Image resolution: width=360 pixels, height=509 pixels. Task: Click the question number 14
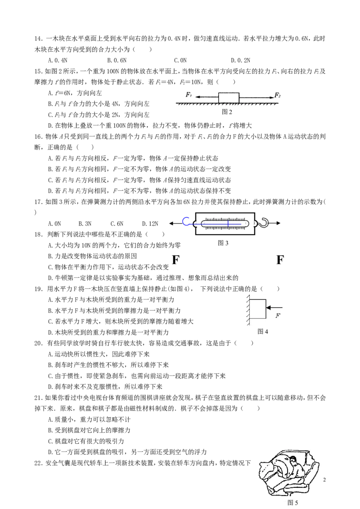[x=38, y=39]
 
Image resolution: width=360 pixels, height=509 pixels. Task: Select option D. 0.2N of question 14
[x=240, y=60]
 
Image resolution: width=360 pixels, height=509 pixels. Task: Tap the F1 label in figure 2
[x=189, y=95]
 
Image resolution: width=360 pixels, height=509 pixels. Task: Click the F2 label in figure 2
[x=278, y=95]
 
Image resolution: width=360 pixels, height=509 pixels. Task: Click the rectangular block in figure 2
[x=229, y=98]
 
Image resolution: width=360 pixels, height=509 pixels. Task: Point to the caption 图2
[x=227, y=112]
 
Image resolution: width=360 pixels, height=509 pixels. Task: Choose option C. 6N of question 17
[x=117, y=223]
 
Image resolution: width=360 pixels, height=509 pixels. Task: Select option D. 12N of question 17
[x=150, y=223]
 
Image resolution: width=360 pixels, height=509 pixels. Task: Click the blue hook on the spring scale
[x=186, y=221]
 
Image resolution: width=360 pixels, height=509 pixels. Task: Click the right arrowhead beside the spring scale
[x=278, y=223]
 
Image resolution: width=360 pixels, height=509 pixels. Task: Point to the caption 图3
[x=223, y=243]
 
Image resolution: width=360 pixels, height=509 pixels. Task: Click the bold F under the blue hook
[x=175, y=260]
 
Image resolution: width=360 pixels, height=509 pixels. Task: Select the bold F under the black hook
[x=280, y=260]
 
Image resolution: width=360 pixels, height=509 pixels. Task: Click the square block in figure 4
[x=258, y=309]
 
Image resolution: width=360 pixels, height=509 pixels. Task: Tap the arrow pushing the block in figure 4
[x=274, y=308]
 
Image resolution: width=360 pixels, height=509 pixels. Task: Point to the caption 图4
[x=262, y=331]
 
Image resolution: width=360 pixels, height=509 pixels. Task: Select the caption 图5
[x=293, y=503]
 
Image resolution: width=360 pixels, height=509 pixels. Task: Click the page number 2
[x=324, y=480]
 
